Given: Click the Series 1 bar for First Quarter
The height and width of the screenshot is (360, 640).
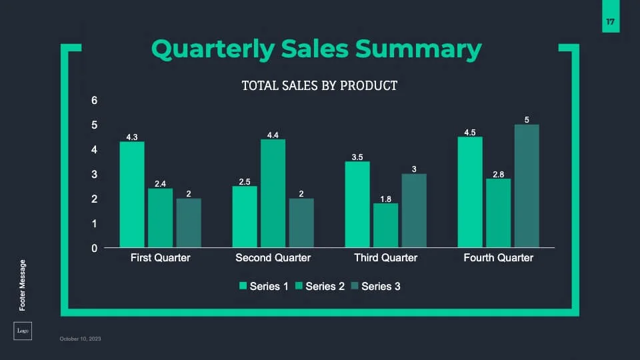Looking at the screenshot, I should pyautogui.click(x=132, y=195).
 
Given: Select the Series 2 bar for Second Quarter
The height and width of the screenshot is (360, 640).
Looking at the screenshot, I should pyautogui.click(x=273, y=193).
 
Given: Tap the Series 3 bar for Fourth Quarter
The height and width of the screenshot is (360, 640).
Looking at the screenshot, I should pyautogui.click(x=527, y=186).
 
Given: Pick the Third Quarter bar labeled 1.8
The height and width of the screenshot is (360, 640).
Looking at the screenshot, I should pyautogui.click(x=386, y=225).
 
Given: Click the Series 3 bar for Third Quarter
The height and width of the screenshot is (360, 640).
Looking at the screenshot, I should pyautogui.click(x=414, y=211).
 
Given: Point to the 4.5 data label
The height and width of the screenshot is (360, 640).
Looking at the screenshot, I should pyautogui.click(x=470, y=132).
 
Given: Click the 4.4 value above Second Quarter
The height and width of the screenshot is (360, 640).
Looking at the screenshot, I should pyautogui.click(x=273, y=135).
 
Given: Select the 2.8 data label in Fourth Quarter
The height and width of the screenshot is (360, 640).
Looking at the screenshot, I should pyautogui.click(x=498, y=174).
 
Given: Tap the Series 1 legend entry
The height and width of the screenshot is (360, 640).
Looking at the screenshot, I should pyautogui.click(x=264, y=287).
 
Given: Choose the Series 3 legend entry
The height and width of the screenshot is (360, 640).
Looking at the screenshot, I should pyautogui.click(x=376, y=287).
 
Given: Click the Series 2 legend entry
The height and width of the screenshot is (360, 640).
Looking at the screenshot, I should pyautogui.click(x=320, y=287).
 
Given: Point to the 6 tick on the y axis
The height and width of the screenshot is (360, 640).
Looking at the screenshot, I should pyautogui.click(x=95, y=101).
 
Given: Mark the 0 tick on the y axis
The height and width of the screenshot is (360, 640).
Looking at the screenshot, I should pyautogui.click(x=95, y=248).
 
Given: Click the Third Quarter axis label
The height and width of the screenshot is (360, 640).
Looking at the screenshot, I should pyautogui.click(x=385, y=258).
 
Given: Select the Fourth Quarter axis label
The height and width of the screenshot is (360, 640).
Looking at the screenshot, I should pyautogui.click(x=498, y=258).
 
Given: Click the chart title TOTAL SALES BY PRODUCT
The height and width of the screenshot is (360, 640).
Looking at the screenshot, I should pyautogui.click(x=319, y=85).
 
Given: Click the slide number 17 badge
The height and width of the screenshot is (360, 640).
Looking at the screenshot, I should pyautogui.click(x=610, y=22).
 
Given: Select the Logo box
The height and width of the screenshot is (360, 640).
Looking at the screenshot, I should pyautogui.click(x=23, y=331).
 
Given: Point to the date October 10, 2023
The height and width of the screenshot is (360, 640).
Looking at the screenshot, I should pyautogui.click(x=80, y=339).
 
